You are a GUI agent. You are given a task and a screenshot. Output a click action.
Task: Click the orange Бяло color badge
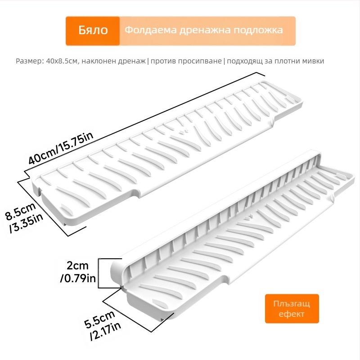coord(93,31)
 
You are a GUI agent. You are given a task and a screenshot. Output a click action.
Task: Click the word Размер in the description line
coord(29,61)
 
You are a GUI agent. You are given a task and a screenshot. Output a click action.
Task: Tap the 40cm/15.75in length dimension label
coord(61,148)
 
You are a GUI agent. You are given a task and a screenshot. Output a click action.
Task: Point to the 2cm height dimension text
coord(77,265)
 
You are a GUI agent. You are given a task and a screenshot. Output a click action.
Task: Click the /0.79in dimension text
coord(78,278)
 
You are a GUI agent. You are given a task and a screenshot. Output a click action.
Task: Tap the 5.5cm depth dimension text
coord(99,319)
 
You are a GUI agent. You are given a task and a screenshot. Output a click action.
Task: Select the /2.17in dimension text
coord(106,331)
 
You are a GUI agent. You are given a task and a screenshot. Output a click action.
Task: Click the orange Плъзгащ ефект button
coord(292,309)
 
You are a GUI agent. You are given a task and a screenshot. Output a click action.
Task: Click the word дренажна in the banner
coord(204,30)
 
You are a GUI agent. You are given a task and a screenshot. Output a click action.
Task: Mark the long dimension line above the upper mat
coord(144,121)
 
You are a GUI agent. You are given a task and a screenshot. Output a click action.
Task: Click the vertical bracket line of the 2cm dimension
coord(99,273)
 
